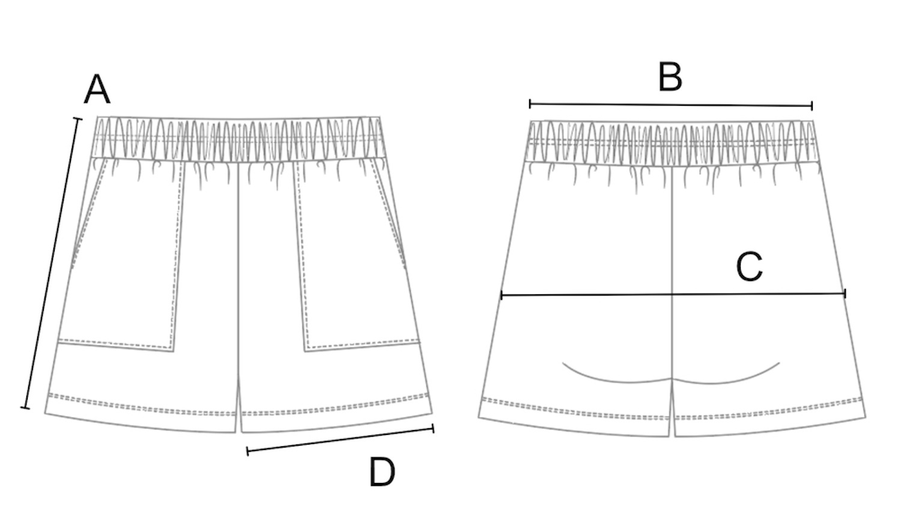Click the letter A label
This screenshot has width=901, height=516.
(x=97, y=90)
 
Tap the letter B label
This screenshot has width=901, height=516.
(x=670, y=77)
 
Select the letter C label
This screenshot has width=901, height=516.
(x=749, y=267)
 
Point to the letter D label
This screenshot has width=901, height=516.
(x=382, y=472)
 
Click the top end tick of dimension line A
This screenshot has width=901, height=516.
(x=77, y=119)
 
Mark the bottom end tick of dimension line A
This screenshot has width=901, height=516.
(x=25, y=408)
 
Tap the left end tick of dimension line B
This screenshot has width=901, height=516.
(x=530, y=104)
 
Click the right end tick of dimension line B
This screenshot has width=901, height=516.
(x=812, y=106)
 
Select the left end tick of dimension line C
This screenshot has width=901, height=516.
(x=501, y=295)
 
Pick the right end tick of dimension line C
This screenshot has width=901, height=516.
(x=845, y=294)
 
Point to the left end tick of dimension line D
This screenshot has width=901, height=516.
(x=247, y=451)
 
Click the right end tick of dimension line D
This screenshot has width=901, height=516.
(x=433, y=428)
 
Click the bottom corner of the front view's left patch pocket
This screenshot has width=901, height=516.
(x=174, y=351)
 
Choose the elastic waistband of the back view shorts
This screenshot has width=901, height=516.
(x=672, y=142)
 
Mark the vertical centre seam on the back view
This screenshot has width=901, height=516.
(x=671, y=252)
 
